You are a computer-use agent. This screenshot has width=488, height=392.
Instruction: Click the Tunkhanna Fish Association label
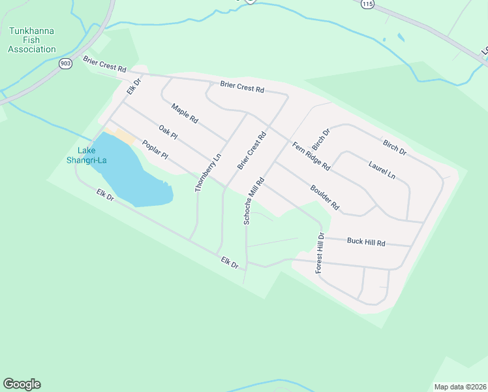(x=33, y=40)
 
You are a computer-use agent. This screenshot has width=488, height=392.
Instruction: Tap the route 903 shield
(x=65, y=63)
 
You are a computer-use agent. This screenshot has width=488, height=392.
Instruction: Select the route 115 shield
(x=367, y=4)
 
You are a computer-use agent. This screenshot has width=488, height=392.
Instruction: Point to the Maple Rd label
(x=184, y=114)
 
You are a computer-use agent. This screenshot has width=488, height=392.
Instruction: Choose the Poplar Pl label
(x=155, y=152)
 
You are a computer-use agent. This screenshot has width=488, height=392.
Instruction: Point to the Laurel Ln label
(x=382, y=170)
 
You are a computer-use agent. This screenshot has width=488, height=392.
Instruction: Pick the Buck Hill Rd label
(x=366, y=242)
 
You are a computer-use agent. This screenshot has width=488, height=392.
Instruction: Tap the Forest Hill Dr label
(x=320, y=253)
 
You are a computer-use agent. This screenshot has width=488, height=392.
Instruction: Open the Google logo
(x=22, y=384)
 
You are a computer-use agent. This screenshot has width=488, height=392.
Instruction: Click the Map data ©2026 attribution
(x=460, y=387)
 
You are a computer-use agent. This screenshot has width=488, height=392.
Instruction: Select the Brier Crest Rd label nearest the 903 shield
(x=104, y=64)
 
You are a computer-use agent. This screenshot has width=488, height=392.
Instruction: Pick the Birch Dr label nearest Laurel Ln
(x=395, y=148)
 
